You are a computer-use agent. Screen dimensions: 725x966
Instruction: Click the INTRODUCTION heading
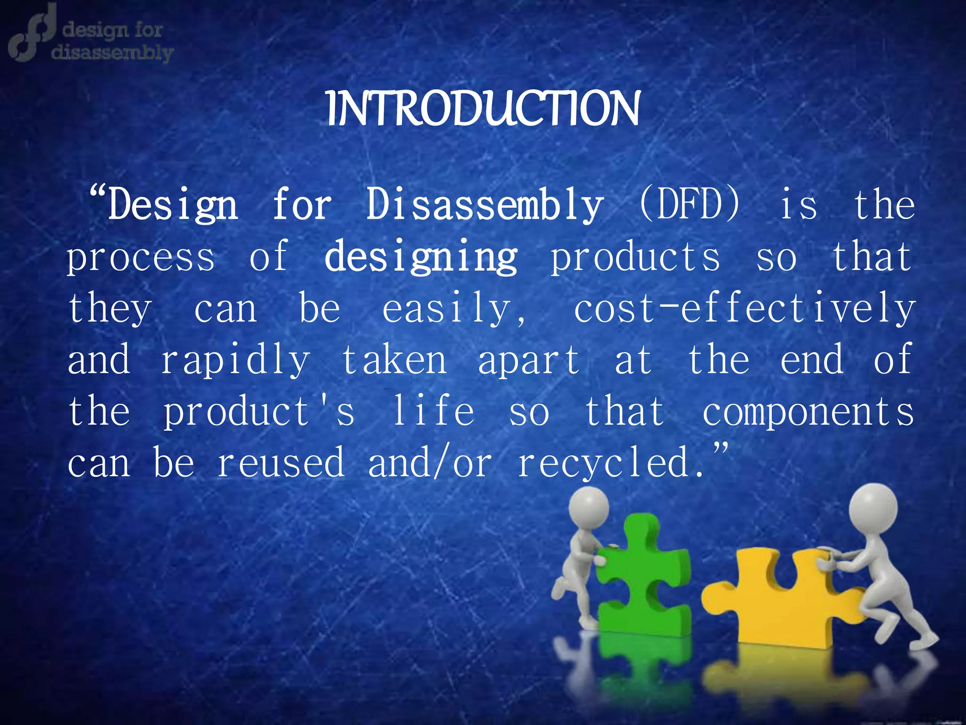[483, 110]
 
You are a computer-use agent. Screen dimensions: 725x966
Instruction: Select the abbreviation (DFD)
[690, 205]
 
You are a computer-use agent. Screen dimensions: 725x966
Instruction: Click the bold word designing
[421, 258]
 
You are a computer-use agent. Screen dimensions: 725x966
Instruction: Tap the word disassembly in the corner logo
[112, 52]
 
